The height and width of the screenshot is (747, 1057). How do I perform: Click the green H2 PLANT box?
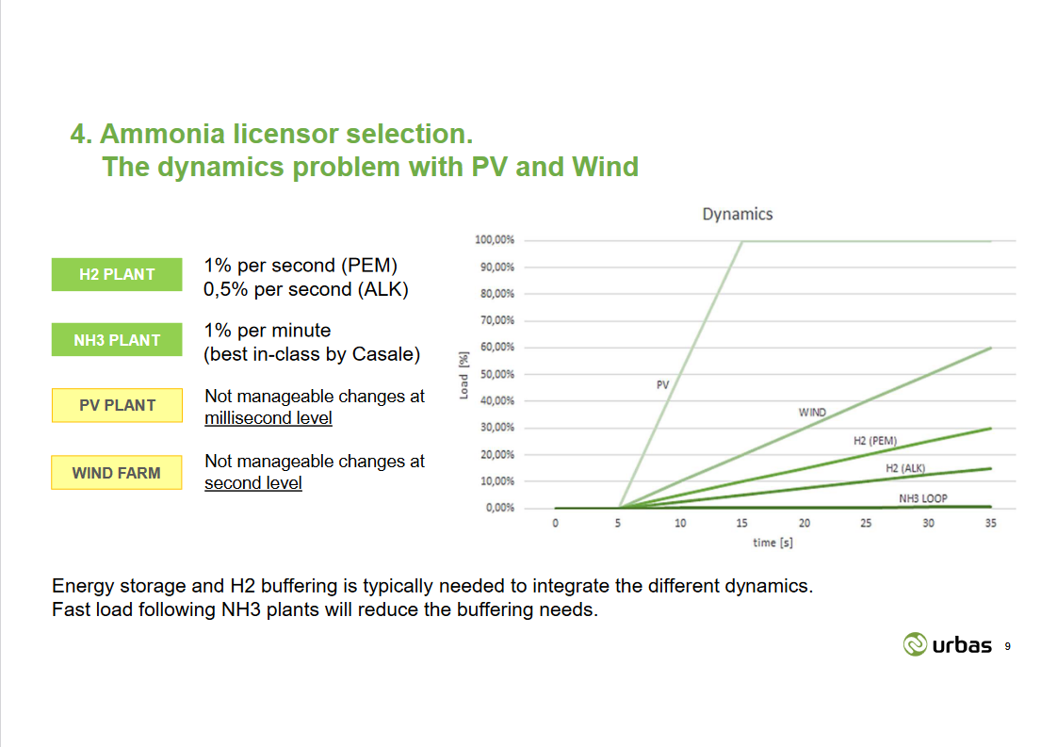[117, 274]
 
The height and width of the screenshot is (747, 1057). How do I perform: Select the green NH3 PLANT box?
[117, 340]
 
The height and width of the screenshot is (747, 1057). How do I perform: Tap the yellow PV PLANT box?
[117, 405]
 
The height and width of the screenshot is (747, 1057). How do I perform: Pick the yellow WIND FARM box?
[117, 473]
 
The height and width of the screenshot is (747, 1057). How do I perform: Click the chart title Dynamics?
[737, 214]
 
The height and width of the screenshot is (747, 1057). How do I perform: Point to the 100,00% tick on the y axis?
[494, 240]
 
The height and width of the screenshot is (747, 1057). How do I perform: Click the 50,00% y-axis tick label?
[496, 374]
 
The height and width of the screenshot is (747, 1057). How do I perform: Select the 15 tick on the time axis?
[741, 524]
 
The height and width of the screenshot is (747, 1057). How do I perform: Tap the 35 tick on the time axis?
[990, 524]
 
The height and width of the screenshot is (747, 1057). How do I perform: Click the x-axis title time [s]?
[772, 543]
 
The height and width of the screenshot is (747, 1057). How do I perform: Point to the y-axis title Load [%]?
[463, 374]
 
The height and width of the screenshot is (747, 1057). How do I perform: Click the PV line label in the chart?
[662, 384]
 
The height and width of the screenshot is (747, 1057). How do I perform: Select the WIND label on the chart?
[812, 413]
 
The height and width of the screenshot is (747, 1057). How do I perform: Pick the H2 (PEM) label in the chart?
[875, 441]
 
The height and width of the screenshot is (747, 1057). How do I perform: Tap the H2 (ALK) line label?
[905, 468]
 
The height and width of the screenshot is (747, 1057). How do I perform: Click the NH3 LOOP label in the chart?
[923, 497]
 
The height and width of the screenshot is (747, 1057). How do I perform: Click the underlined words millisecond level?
[268, 417]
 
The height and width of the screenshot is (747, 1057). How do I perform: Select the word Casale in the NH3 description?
[386, 354]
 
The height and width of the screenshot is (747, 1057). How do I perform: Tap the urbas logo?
[947, 644]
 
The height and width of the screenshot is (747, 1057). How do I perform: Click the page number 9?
[1008, 646]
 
